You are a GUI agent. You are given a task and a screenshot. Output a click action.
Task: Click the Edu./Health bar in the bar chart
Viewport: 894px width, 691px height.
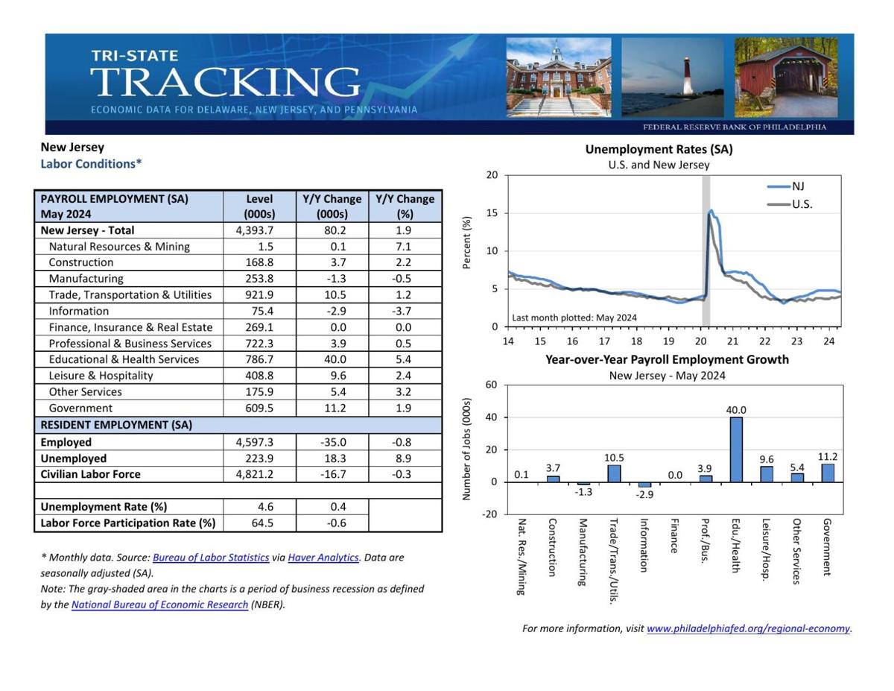[736, 449]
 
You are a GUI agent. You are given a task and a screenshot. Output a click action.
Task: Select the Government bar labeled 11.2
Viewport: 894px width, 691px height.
[828, 473]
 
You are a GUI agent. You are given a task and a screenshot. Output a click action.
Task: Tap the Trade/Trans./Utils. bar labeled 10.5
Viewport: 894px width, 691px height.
[614, 473]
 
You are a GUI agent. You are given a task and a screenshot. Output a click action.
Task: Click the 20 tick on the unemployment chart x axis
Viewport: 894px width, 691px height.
[700, 341]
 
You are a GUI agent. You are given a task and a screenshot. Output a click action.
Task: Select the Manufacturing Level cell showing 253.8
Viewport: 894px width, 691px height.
[259, 279]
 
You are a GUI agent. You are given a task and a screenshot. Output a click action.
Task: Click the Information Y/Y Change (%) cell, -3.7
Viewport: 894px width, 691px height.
[405, 311]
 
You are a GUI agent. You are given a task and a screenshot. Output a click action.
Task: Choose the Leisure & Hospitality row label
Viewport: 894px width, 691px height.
[101, 376]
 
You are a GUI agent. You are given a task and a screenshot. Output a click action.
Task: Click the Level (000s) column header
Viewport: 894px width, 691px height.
[259, 206]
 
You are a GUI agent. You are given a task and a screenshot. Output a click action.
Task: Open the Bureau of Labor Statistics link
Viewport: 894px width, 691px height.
[211, 558]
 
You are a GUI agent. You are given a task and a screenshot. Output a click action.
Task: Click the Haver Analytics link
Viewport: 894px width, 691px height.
[323, 558]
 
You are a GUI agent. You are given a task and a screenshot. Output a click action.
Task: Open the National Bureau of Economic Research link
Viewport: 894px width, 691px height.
[159, 605]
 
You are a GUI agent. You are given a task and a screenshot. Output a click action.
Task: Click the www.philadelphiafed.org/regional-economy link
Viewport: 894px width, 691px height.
[748, 628]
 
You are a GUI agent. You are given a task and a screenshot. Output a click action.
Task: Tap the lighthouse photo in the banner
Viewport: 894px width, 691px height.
[672, 78]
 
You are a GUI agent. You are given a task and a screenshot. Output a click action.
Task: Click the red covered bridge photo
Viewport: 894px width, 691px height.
[787, 78]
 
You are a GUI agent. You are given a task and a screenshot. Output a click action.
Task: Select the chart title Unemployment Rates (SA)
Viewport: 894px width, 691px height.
[659, 149]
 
